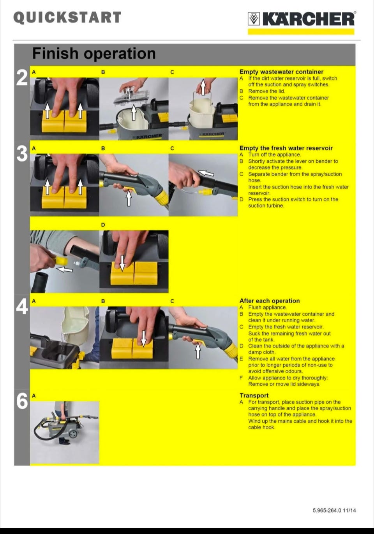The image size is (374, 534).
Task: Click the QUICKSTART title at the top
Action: [67, 18]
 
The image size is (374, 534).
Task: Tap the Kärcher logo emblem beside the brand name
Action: [254, 19]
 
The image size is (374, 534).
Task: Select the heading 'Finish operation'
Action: [94, 53]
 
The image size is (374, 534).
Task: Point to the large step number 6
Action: [22, 401]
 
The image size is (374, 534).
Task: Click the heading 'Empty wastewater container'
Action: [281, 72]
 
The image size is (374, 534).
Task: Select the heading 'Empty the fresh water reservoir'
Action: [286, 148]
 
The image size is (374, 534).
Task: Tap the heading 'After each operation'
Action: [270, 301]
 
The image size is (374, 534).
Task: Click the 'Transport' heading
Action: [254, 395]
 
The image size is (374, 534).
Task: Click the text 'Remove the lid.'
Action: [266, 91]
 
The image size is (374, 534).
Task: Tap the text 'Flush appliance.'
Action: [267, 307]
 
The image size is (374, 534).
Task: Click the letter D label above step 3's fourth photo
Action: [103, 225]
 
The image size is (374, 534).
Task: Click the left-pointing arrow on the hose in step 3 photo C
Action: [206, 173]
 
